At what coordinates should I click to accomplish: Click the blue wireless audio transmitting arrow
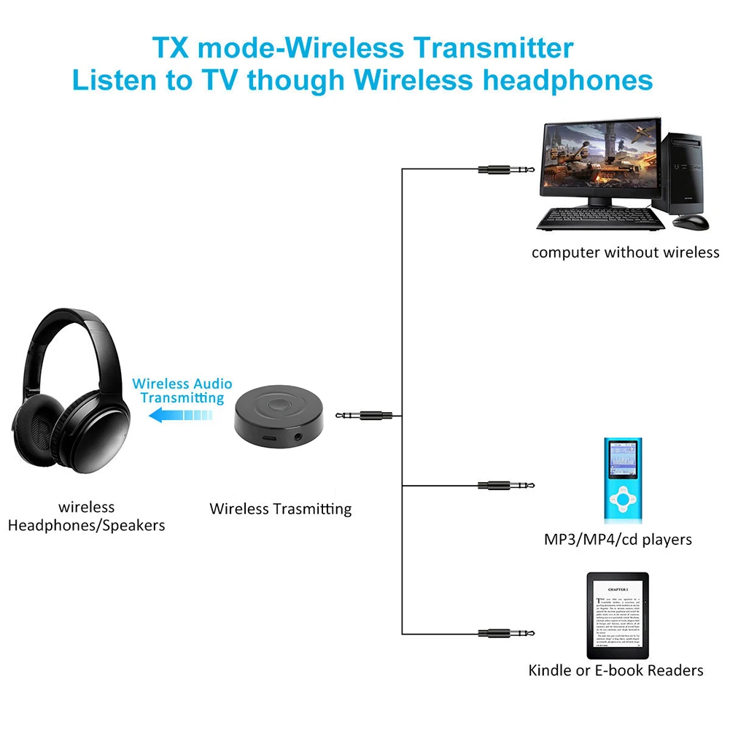click(179, 416)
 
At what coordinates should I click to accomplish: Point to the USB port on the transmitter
click(269, 439)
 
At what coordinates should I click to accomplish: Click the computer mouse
click(691, 221)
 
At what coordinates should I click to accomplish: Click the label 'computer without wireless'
click(625, 253)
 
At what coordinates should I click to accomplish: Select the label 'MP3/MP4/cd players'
click(618, 540)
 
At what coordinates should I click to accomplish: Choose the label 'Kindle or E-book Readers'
click(616, 670)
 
